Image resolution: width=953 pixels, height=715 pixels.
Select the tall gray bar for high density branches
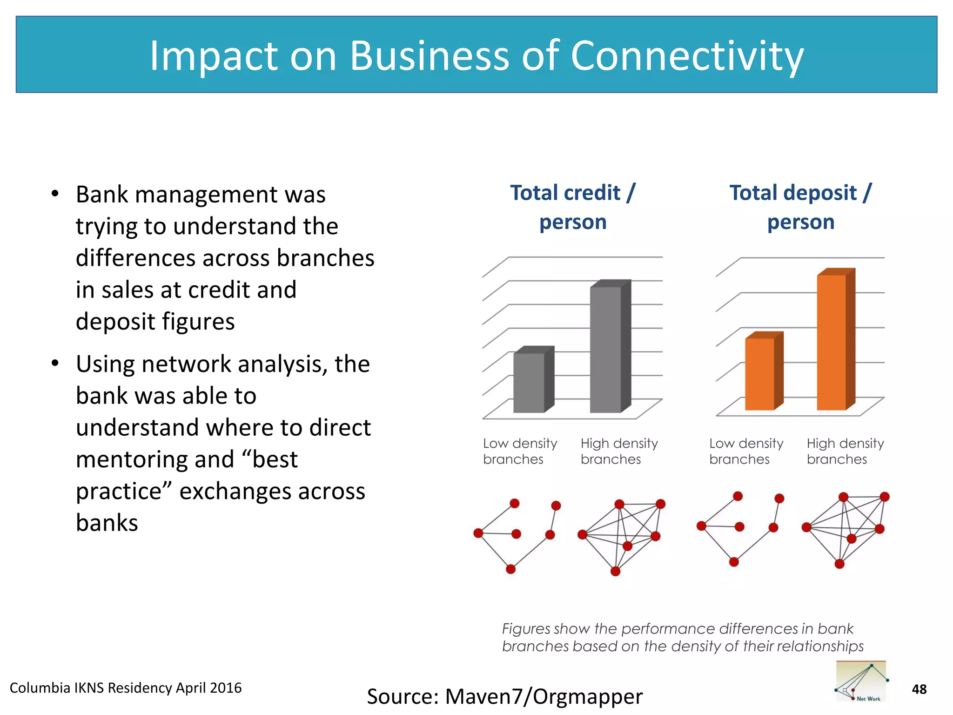606,349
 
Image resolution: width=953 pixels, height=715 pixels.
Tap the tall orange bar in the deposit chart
832,342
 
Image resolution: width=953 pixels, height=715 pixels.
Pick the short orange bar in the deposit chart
760,374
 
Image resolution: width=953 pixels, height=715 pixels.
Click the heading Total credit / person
573,207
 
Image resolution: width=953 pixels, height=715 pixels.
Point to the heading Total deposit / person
800,207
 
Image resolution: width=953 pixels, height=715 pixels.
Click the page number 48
919,689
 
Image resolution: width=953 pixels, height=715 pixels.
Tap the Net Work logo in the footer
861,681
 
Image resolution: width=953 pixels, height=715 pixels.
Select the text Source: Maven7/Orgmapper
504,696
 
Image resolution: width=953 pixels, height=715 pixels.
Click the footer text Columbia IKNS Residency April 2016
126,688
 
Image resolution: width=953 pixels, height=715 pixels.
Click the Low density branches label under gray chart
520,451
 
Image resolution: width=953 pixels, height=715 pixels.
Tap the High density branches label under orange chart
845,451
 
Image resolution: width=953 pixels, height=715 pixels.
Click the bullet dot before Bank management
55,194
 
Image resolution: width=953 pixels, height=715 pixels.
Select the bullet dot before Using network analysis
55,364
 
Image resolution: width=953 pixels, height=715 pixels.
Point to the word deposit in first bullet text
115,322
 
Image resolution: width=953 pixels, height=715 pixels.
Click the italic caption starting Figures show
682,637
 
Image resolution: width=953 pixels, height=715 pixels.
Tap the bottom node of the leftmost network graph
510,569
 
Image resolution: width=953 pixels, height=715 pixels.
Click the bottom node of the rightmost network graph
839,564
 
